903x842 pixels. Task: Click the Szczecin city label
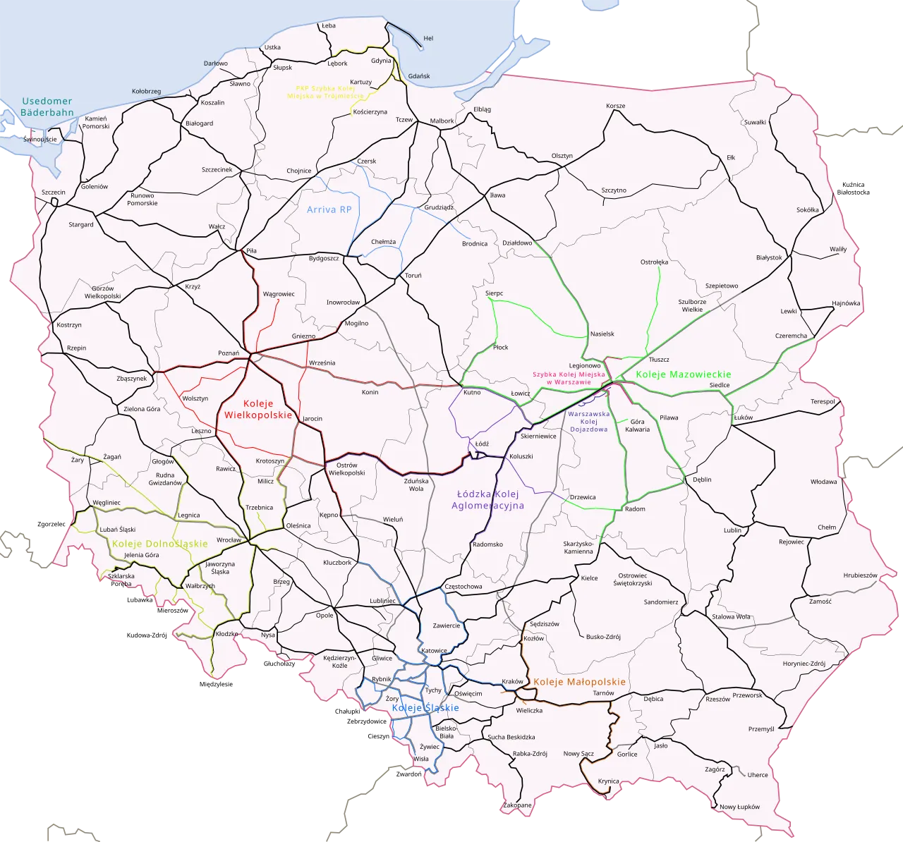pos(53,192)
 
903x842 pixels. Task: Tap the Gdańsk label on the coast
pos(419,76)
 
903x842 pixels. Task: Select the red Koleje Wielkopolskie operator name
pos(257,409)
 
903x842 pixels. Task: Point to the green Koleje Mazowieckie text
pos(683,374)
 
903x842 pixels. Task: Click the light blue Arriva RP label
pos(329,209)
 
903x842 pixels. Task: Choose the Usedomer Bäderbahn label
pos(47,106)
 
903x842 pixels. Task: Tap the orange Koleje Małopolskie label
pos(579,682)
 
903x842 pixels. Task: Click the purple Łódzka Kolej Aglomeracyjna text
pos(487,499)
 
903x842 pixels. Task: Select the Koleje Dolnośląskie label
pos(159,544)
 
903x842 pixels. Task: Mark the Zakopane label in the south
pos(517,805)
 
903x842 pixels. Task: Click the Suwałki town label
pos(755,122)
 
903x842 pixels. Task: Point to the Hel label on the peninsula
pos(428,38)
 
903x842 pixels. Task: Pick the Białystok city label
pos(769,257)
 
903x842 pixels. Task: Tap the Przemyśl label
pos(761,728)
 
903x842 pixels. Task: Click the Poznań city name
pos(229,353)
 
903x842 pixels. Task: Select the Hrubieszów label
pos(860,575)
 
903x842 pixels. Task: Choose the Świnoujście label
pos(40,140)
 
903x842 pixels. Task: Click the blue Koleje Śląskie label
pos(425,707)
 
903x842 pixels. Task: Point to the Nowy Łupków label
pos(739,807)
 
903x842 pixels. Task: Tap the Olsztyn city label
pos(562,156)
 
